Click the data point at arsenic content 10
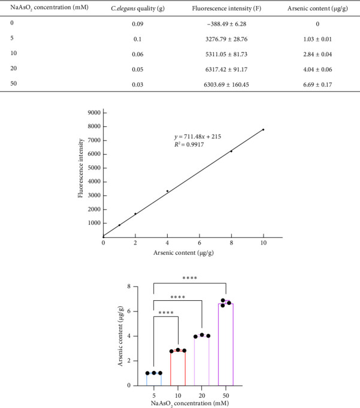click(263, 129)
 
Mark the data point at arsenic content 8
click(231, 152)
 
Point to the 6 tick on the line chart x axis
click(199, 244)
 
